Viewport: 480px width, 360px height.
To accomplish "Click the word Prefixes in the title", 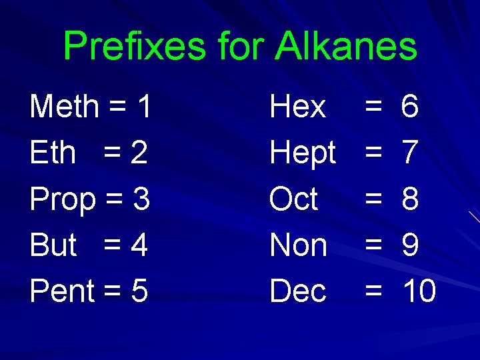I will [x=135, y=47].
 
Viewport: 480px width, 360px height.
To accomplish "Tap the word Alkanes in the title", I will [x=347, y=47].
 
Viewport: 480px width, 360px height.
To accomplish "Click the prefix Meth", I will [x=64, y=107].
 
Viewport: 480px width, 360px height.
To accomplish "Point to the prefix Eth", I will [x=53, y=153].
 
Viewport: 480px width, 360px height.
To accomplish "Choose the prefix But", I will [x=53, y=245].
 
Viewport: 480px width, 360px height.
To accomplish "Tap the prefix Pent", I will [x=62, y=291].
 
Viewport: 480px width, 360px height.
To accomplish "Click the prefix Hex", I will [x=297, y=107].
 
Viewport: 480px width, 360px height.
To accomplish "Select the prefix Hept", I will [x=302, y=153].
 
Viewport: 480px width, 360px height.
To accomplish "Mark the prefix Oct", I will [x=293, y=199].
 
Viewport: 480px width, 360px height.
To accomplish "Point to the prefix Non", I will [x=298, y=245].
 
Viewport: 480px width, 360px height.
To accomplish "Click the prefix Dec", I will [x=297, y=291].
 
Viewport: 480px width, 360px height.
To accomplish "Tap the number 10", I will [x=418, y=291].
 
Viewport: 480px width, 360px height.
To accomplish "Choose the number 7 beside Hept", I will [x=410, y=153].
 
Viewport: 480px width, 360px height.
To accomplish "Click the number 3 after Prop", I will [x=141, y=199].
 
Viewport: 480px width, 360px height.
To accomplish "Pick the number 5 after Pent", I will [x=139, y=291].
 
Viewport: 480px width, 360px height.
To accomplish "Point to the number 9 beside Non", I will [x=410, y=245].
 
